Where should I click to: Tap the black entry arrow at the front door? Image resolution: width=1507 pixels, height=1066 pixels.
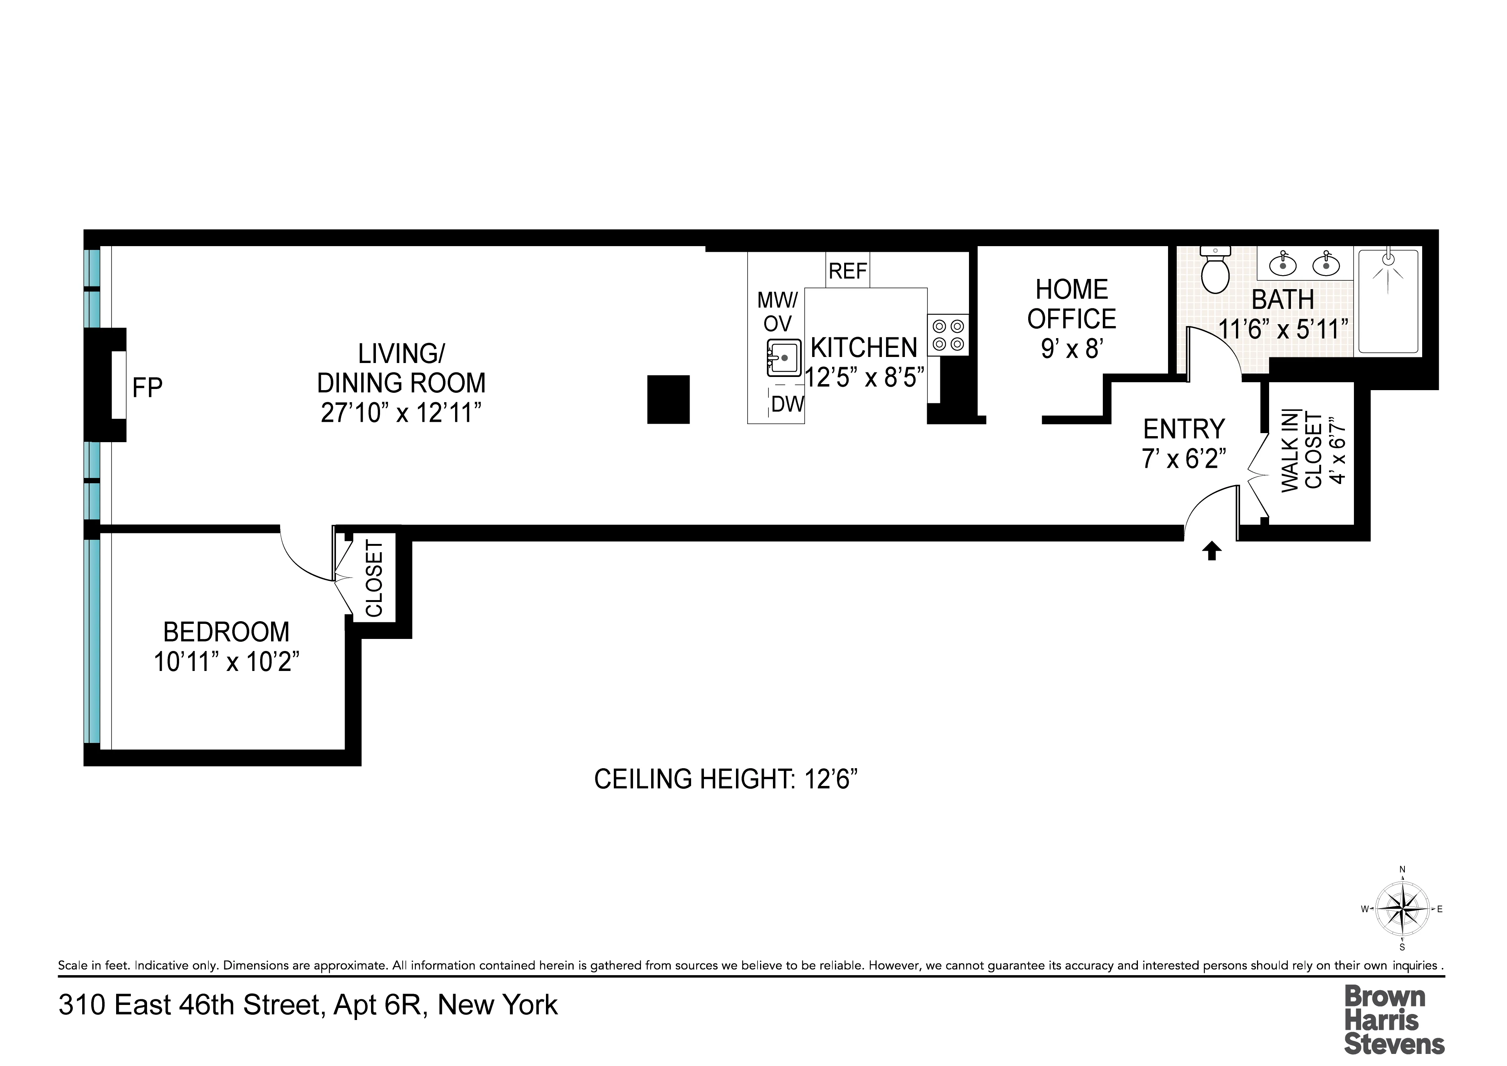coord(1212,551)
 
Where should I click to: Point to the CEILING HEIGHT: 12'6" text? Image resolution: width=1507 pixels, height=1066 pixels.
coord(726,779)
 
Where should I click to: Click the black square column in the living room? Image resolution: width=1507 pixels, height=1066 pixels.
coord(668,399)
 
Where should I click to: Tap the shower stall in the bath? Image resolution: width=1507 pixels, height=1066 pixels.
coord(1388,302)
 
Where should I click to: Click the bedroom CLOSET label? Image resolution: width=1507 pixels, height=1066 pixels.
coord(374,578)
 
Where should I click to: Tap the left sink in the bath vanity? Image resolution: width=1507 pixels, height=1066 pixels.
coord(1283,265)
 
